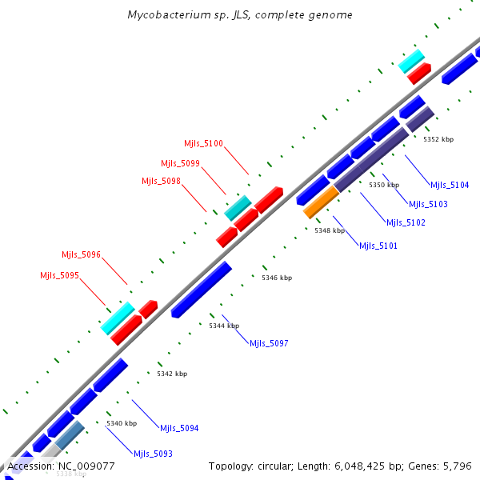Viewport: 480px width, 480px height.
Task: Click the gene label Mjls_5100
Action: click(x=203, y=144)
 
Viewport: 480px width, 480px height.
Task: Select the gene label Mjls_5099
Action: click(x=180, y=163)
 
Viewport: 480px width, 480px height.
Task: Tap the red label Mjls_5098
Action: click(x=161, y=182)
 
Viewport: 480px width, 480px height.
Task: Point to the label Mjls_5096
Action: click(x=81, y=255)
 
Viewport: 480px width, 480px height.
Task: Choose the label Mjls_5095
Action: click(x=59, y=276)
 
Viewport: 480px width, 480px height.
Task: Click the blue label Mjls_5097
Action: click(x=269, y=344)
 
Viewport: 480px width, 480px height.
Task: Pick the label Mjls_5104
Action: click(x=450, y=186)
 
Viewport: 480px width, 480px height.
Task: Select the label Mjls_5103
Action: click(x=428, y=205)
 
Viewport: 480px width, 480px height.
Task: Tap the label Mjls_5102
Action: click(x=406, y=223)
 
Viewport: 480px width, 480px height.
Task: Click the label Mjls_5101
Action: click(x=378, y=246)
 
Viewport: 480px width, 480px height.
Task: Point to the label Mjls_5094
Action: click(x=179, y=429)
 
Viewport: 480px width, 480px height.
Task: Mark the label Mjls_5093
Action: click(x=153, y=454)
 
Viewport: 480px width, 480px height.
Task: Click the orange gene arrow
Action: click(x=322, y=202)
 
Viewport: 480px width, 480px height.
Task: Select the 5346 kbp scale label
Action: click(x=276, y=278)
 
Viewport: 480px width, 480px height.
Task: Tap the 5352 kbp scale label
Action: click(x=438, y=139)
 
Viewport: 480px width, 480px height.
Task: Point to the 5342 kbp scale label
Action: click(x=172, y=374)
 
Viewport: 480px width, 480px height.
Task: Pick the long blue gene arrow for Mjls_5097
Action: click(x=202, y=290)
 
